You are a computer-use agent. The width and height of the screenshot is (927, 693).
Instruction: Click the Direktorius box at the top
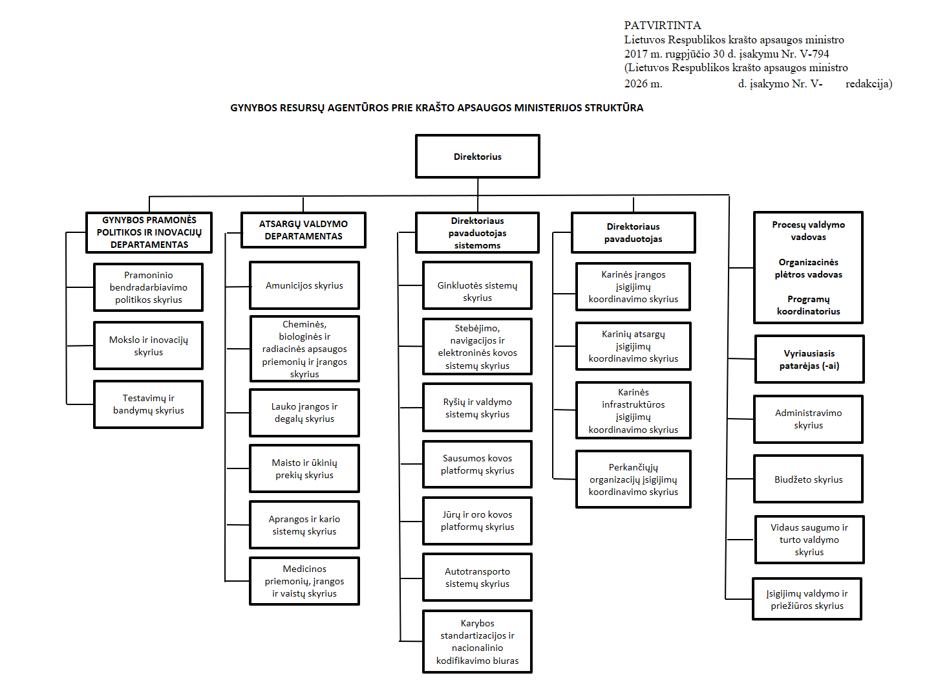click(x=477, y=157)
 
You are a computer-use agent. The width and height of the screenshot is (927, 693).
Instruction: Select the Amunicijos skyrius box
click(x=304, y=285)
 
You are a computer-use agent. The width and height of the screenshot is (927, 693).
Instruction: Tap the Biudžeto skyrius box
click(x=808, y=479)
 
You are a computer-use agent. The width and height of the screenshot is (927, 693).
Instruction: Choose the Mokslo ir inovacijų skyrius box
click(x=148, y=346)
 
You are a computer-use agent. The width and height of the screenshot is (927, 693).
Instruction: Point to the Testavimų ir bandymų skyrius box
click(x=148, y=404)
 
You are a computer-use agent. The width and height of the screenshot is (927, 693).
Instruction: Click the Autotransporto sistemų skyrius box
click(x=477, y=577)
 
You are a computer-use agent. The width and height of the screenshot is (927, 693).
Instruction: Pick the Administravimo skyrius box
click(x=808, y=419)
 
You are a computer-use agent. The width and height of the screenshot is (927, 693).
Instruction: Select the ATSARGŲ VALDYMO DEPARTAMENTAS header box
click(x=303, y=230)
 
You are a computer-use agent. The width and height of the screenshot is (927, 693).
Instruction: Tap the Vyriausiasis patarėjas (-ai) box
click(x=809, y=359)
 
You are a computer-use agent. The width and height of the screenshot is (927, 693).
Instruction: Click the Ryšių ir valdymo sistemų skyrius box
click(x=477, y=408)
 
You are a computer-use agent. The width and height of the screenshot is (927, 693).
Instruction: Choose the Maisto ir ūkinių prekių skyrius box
click(x=304, y=468)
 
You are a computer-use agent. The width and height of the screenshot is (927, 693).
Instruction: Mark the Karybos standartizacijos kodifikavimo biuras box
click(x=477, y=641)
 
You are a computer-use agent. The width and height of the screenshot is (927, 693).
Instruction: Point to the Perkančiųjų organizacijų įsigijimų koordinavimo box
click(x=633, y=479)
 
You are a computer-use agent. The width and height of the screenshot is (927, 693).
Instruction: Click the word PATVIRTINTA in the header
click(x=662, y=25)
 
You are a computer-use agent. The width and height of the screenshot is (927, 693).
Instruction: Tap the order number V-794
click(x=815, y=54)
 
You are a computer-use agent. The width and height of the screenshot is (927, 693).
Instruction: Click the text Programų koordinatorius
click(x=808, y=305)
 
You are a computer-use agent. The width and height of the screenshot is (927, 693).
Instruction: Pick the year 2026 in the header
click(x=635, y=83)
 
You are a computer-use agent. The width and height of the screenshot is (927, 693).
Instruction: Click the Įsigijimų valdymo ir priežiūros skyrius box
click(x=807, y=599)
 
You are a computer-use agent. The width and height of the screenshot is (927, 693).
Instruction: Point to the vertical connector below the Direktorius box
click(x=478, y=195)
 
